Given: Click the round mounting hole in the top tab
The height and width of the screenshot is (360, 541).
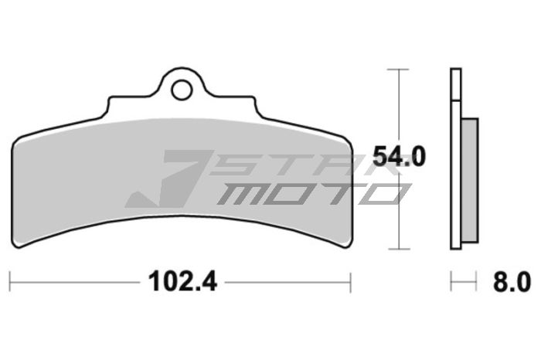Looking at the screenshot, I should coord(182,90).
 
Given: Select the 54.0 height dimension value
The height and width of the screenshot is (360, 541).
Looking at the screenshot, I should coord(399,157).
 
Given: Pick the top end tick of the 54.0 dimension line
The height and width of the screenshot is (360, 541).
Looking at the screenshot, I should coord(398,70).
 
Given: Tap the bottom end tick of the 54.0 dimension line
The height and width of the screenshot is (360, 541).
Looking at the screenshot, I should coord(398,249).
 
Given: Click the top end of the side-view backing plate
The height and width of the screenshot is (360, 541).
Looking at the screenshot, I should coord(455,72).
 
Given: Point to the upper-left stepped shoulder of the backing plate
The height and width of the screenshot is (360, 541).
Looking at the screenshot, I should coord(108,100).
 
